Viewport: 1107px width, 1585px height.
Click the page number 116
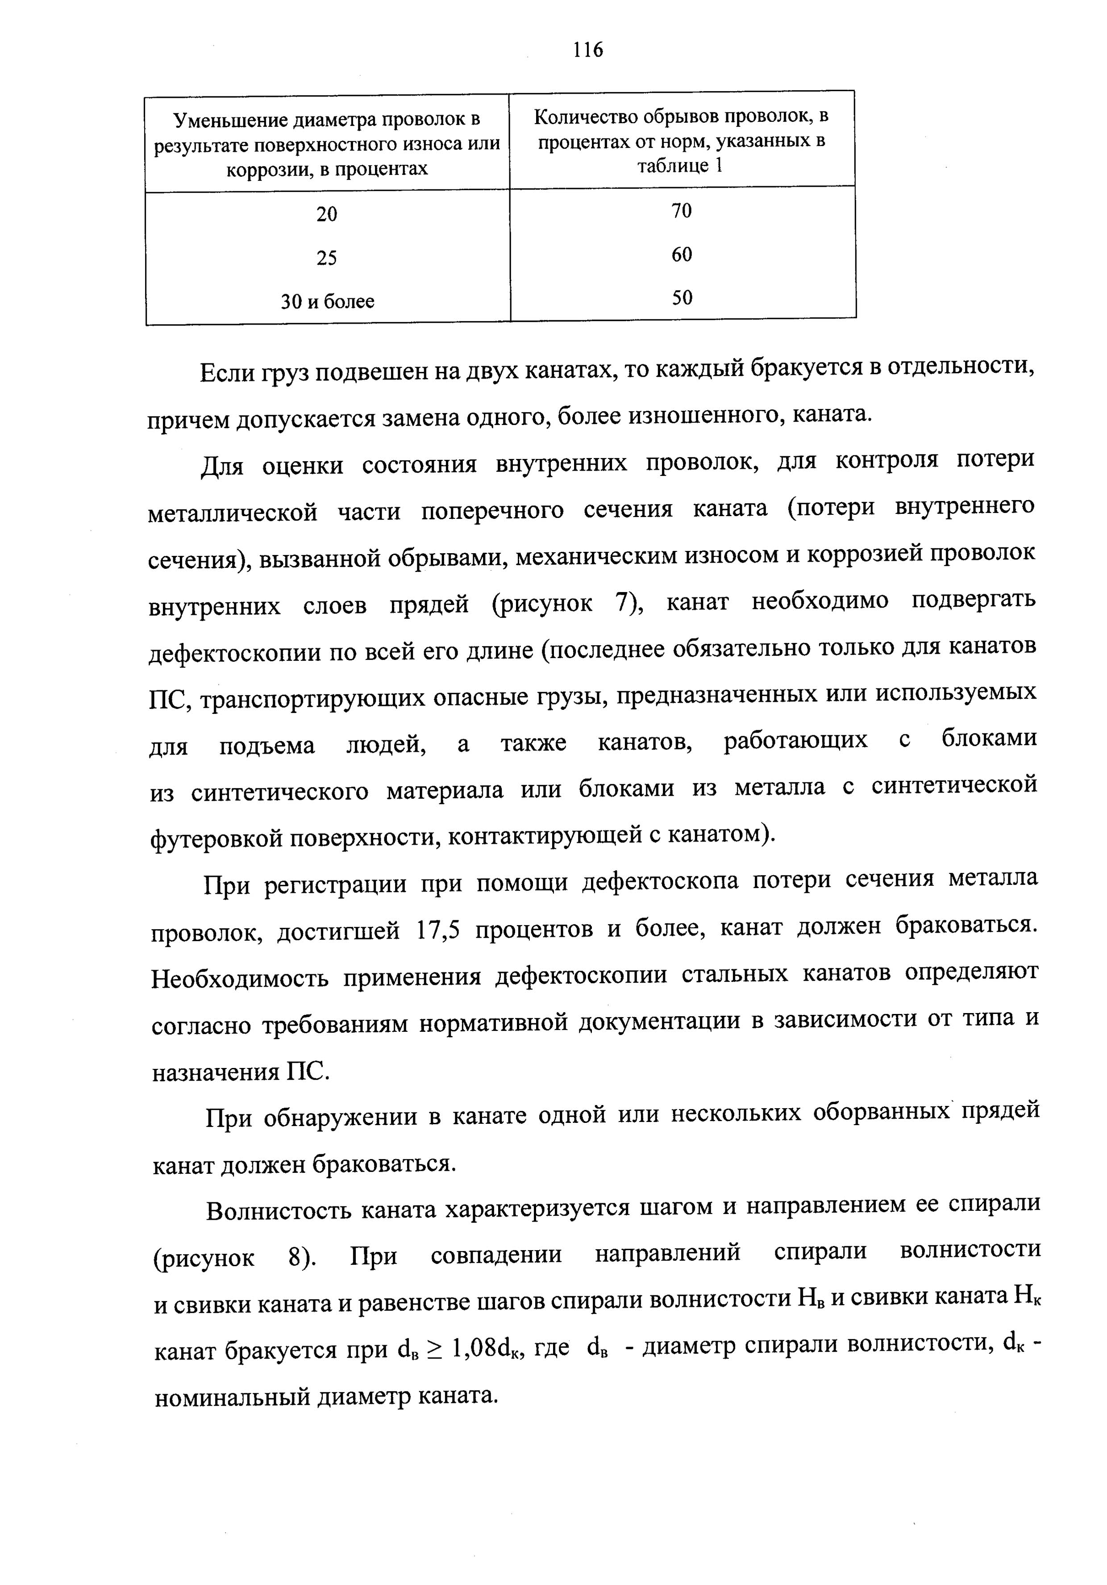587,50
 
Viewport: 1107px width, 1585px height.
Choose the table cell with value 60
681,255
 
